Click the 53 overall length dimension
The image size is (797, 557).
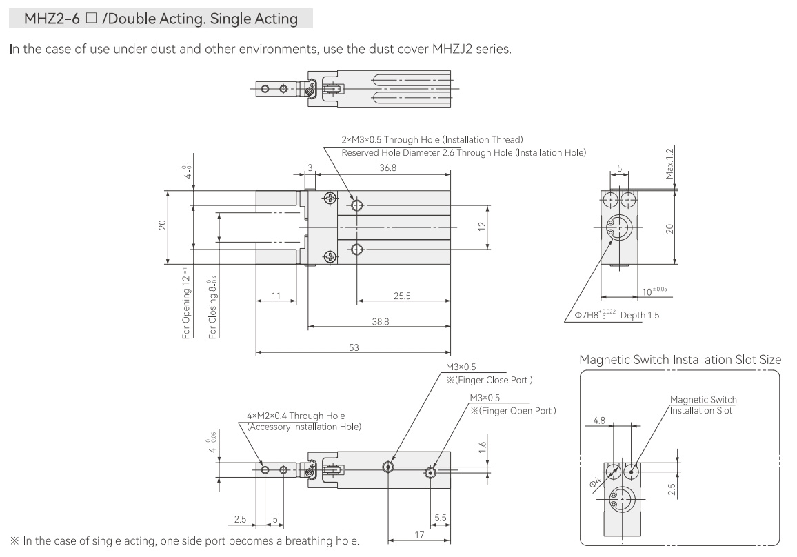[x=354, y=347]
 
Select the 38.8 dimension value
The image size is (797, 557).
[x=380, y=322]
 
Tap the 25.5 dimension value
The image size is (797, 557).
[x=402, y=296]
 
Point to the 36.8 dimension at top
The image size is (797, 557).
[x=388, y=168]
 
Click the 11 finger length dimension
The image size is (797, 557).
[x=276, y=296]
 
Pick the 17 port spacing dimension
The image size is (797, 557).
[x=419, y=535]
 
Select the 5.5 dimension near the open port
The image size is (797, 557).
[x=440, y=518]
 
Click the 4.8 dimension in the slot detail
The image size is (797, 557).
[x=599, y=421]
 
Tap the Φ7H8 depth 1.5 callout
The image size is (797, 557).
[x=616, y=315]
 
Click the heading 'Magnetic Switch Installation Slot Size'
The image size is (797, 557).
[x=680, y=360]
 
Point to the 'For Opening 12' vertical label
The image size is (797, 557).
[x=186, y=303]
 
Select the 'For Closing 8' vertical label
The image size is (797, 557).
[x=212, y=307]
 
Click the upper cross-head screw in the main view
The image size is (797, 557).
[x=330, y=198]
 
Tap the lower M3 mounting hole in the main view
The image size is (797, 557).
[x=357, y=250]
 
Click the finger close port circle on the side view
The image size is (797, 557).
[x=388, y=467]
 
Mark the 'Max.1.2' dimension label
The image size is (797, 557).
[x=670, y=163]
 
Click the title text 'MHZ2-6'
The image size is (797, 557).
[x=52, y=19]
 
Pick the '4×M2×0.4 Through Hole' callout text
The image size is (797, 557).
[x=296, y=416]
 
